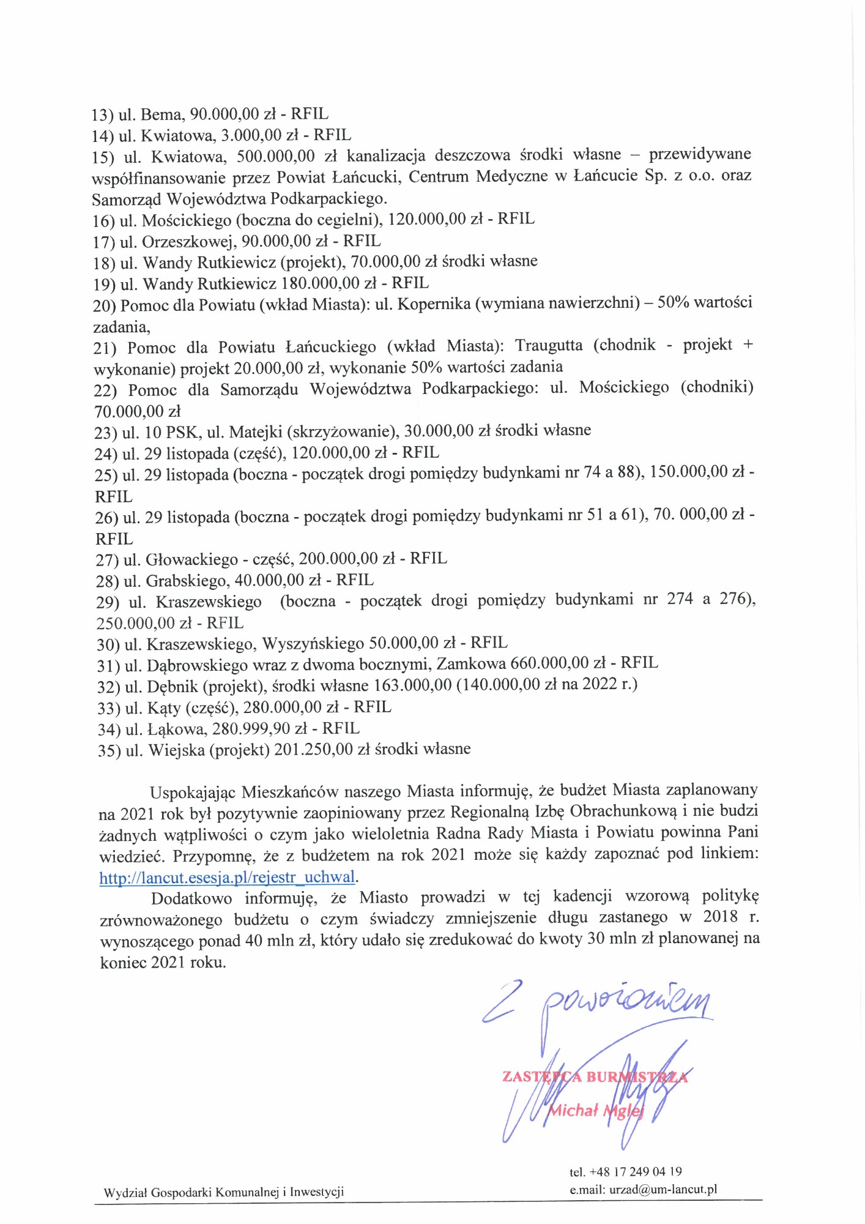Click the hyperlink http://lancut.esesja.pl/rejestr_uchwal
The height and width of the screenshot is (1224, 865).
point(227,877)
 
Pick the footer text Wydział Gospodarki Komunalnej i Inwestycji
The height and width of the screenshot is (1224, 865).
point(224,1192)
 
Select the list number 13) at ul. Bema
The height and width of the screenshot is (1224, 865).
point(102,114)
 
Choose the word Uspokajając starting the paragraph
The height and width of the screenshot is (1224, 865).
point(193,792)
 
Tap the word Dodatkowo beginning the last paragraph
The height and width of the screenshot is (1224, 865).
point(191,898)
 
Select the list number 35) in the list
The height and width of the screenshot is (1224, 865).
point(109,750)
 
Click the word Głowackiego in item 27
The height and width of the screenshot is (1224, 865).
point(191,559)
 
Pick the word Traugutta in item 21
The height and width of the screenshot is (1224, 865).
point(549,345)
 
